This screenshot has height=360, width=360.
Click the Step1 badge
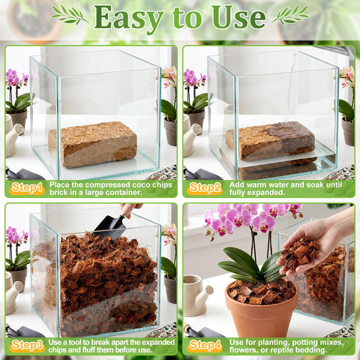27,188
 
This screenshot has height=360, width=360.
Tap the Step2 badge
205,188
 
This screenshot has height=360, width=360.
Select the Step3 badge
27,346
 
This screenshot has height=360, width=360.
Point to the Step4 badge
205,346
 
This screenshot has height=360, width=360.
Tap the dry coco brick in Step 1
93,144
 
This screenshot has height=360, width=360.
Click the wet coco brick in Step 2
271,141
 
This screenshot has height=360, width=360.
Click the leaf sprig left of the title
70,15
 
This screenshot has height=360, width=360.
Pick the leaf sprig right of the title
290,15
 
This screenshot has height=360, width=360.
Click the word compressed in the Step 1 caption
107,185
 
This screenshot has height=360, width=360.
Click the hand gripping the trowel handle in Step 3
130,209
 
